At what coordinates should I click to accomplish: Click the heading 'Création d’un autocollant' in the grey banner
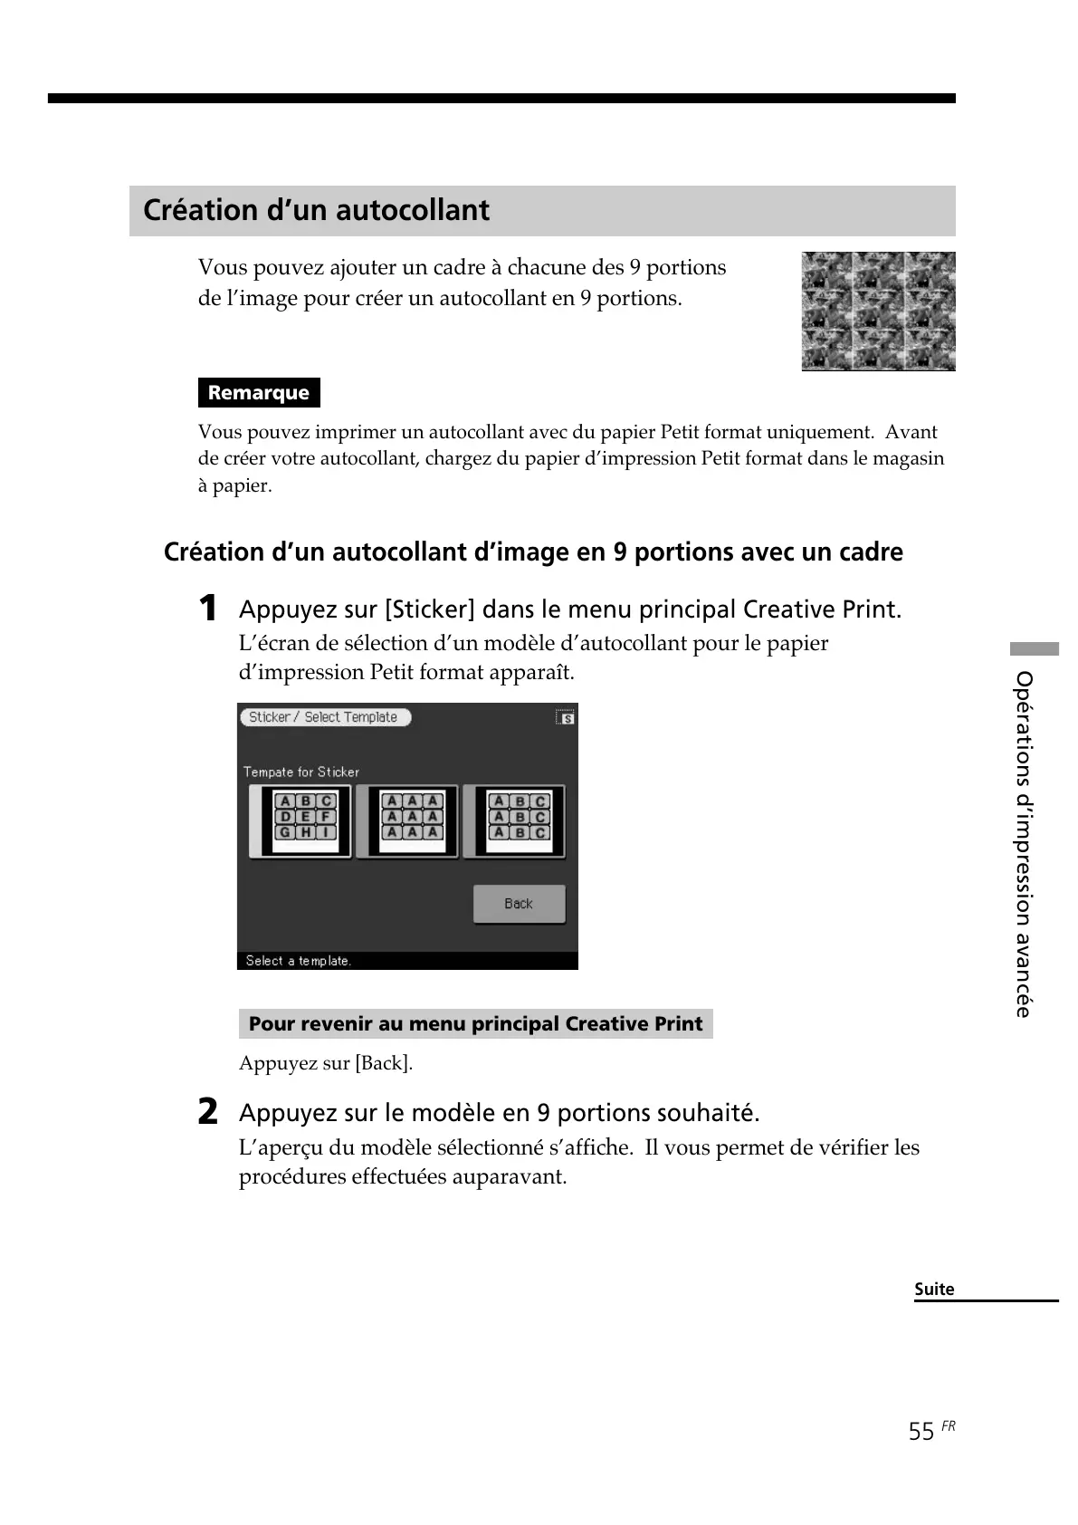pos(316,210)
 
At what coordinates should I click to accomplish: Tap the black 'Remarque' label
pos(259,393)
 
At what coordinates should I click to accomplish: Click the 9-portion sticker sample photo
pos(878,312)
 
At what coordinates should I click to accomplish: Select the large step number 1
pos(208,608)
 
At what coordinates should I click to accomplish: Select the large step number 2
pos(208,1111)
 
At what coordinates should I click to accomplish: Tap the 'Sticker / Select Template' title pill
pos(325,717)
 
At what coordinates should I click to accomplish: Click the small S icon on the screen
pos(566,717)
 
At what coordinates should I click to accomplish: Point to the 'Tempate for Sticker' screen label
pos(301,772)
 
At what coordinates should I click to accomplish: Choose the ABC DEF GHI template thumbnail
pos(301,821)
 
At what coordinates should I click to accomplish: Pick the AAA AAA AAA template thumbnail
pos(408,821)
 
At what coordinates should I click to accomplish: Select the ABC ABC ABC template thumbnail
pos(515,821)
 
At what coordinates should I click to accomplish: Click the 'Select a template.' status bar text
pos(299,961)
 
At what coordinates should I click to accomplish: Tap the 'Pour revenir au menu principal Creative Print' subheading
pos(475,1024)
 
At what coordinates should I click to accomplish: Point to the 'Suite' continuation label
pos(934,1290)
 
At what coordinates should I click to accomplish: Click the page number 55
pos(921,1432)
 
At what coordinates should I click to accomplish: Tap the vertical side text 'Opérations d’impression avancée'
pos(1024,843)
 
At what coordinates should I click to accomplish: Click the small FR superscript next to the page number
pos(948,1426)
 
